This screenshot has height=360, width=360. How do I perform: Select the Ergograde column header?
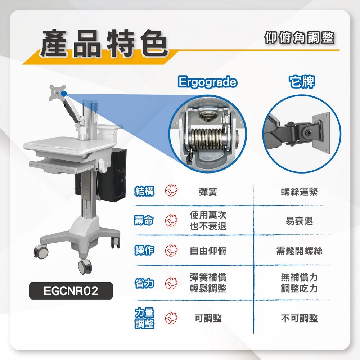click(208, 82)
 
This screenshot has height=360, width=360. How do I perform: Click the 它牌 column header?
click(302, 82)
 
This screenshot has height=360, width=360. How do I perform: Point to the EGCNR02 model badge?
click(71, 291)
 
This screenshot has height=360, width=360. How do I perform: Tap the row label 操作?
click(144, 251)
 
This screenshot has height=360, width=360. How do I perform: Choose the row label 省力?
click(144, 284)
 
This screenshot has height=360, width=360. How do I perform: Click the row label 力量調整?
click(144, 318)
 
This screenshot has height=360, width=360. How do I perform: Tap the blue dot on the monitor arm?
click(64, 94)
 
